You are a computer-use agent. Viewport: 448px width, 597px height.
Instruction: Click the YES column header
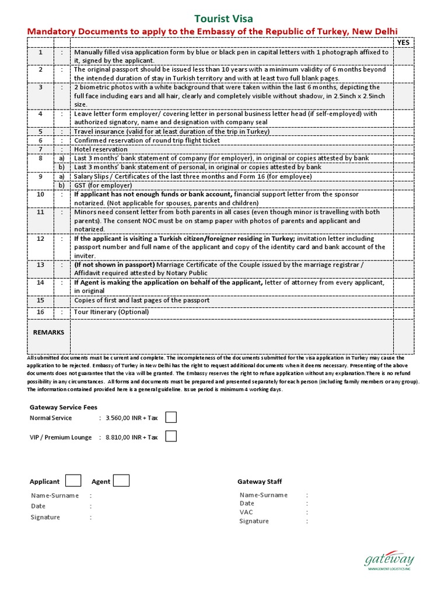(x=403, y=43)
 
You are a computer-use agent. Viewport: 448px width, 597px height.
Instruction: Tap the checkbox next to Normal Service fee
(x=171, y=417)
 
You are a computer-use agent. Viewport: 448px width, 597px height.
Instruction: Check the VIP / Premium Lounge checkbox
(x=171, y=437)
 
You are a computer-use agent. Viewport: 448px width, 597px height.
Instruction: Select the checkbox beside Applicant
(x=73, y=480)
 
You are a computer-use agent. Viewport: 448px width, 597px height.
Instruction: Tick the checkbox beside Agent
(x=121, y=480)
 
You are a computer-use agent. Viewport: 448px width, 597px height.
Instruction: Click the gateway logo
(x=387, y=561)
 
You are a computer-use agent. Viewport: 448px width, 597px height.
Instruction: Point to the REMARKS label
(x=49, y=332)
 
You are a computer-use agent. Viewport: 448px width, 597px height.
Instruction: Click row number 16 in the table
(x=41, y=312)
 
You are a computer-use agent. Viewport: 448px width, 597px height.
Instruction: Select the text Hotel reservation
(x=100, y=149)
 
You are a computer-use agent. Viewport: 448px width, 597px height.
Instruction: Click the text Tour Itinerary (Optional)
(x=111, y=312)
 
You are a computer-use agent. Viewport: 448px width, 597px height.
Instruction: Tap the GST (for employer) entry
(x=103, y=185)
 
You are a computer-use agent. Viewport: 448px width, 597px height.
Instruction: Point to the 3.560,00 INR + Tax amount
(x=132, y=418)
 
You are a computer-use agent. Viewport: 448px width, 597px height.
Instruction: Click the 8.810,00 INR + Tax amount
(x=132, y=437)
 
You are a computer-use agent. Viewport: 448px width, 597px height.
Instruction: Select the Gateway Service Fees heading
(x=64, y=408)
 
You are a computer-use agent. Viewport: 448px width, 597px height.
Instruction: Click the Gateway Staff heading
(x=260, y=482)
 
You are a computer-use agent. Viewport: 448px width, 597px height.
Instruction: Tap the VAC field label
(x=246, y=512)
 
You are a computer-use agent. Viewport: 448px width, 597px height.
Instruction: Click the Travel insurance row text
(x=171, y=132)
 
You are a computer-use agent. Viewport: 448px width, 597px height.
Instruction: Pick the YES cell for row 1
(x=403, y=56)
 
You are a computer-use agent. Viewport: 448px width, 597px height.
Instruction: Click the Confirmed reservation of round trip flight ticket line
(x=147, y=141)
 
